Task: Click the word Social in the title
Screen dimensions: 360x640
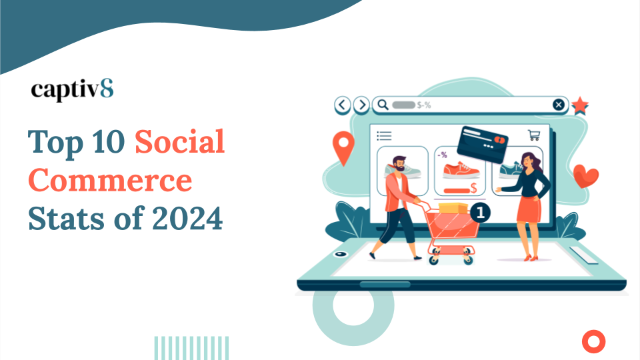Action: pyautogui.click(x=179, y=141)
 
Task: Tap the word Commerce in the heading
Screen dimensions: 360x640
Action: pyautogui.click(x=111, y=180)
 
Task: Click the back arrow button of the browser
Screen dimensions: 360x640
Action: pyautogui.click(x=343, y=105)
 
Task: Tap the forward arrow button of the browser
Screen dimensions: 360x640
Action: pyautogui.click(x=361, y=105)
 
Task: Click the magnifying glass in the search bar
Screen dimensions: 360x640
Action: pyautogui.click(x=381, y=105)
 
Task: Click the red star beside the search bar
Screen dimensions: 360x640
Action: pyautogui.click(x=581, y=105)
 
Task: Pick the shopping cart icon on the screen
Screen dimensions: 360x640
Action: pyautogui.click(x=533, y=135)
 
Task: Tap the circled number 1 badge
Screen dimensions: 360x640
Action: pyautogui.click(x=481, y=213)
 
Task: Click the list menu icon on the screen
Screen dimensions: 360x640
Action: pyautogui.click(x=385, y=136)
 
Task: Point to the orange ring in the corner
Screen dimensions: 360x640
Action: pyautogui.click(x=592, y=341)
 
